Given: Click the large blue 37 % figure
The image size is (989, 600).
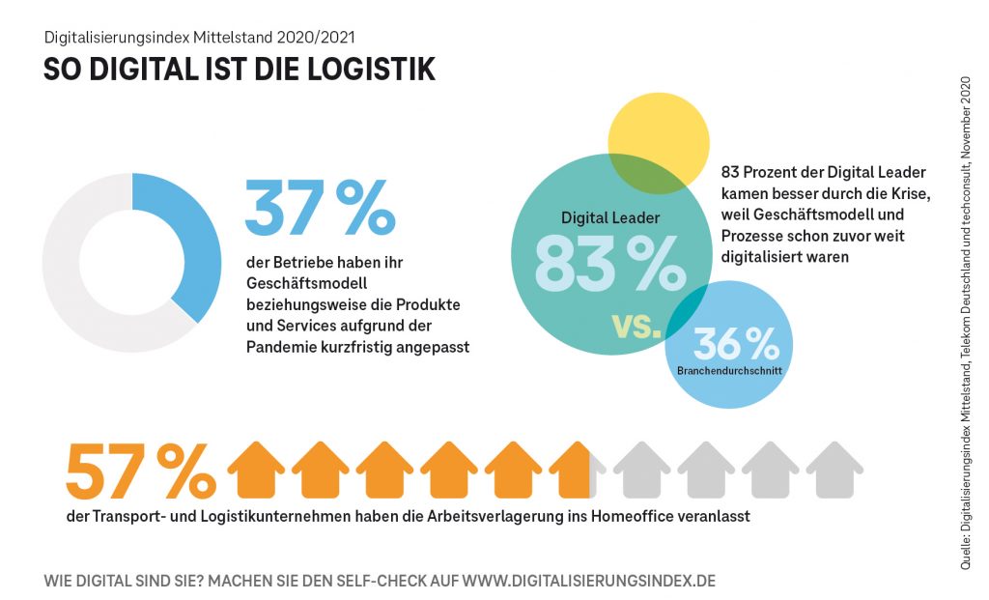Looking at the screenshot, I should click(x=320, y=207).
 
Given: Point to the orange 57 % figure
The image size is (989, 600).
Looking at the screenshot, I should click(x=141, y=473).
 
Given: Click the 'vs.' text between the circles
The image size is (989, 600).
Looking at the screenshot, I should click(x=637, y=325).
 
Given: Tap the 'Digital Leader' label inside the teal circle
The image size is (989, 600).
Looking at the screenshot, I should click(x=610, y=217).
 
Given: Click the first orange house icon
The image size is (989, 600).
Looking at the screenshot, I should click(x=255, y=471).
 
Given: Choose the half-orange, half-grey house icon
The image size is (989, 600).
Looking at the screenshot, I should click(x=578, y=471).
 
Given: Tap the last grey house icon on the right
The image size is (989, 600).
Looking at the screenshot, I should click(x=834, y=471).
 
